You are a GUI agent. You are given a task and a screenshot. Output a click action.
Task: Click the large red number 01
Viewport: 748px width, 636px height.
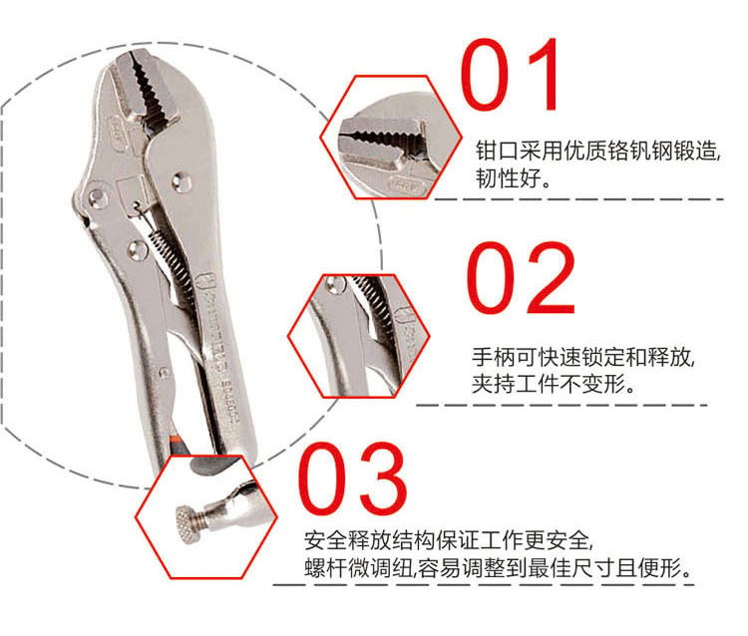tap(510, 75)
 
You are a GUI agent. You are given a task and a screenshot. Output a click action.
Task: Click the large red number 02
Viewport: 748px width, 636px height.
tap(521, 278)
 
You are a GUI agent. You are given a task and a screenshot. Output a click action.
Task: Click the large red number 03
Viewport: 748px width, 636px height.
tap(352, 478)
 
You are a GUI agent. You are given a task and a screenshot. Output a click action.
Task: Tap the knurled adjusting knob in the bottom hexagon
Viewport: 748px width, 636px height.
tap(187, 524)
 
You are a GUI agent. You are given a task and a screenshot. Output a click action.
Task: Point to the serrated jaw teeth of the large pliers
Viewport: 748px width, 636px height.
tap(148, 92)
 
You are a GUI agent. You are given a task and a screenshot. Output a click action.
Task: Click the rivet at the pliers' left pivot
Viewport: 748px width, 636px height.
tap(98, 197)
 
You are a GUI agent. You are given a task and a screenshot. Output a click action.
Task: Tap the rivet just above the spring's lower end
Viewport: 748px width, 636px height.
tap(138, 249)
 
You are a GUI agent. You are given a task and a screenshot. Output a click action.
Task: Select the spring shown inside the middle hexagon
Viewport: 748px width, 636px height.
tap(375, 299)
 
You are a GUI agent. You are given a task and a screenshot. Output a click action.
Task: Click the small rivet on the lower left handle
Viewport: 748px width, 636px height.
tap(164, 373)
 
